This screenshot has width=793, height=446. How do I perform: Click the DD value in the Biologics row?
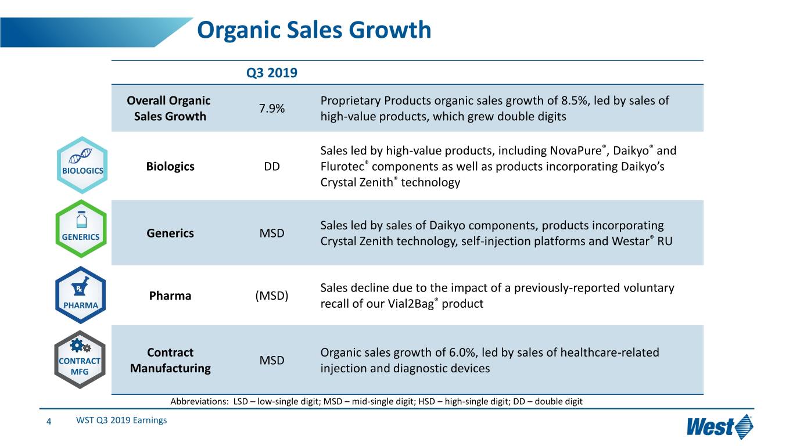(271, 167)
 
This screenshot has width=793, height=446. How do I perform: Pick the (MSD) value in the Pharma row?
(272, 296)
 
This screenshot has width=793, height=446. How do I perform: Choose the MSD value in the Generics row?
(272, 233)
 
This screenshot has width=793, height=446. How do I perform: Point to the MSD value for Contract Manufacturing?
(272, 360)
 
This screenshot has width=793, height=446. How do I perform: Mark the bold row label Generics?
(170, 233)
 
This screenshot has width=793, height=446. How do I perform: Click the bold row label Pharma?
(170, 296)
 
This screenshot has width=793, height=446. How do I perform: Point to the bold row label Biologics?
(170, 167)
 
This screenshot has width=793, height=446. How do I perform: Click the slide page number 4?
(49, 421)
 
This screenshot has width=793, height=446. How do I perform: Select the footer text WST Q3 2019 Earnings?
(121, 420)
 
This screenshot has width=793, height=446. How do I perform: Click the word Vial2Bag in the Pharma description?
(410, 304)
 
